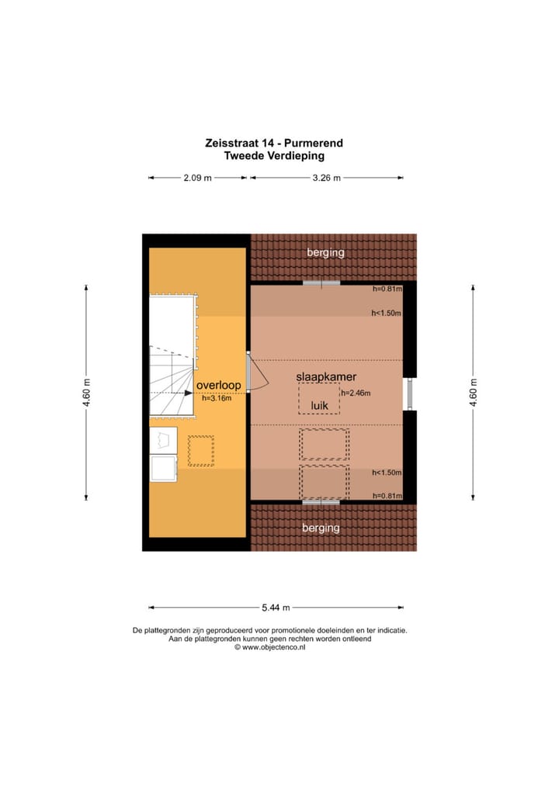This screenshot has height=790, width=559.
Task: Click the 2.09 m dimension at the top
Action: (198, 178)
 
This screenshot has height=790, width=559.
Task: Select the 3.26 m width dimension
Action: (326, 178)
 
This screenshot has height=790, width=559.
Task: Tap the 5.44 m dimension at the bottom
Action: (276, 608)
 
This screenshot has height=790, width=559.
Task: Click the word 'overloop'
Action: (218, 385)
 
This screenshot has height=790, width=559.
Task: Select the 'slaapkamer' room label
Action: (321, 376)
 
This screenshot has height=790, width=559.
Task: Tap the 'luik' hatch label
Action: (319, 405)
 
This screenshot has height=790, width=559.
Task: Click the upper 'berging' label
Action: (325, 252)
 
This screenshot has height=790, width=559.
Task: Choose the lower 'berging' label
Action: (321, 528)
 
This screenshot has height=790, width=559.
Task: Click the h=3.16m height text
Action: (217, 399)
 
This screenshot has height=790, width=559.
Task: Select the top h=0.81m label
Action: (387, 289)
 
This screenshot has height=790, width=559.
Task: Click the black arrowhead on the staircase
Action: (189, 393)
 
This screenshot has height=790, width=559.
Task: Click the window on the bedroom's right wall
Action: (409, 393)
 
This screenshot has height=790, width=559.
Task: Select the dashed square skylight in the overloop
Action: (200, 450)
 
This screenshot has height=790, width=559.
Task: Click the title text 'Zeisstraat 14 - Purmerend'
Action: (274, 143)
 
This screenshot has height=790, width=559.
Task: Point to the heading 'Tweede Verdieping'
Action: (274, 155)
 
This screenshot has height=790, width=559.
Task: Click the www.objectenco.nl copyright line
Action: (269, 647)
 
